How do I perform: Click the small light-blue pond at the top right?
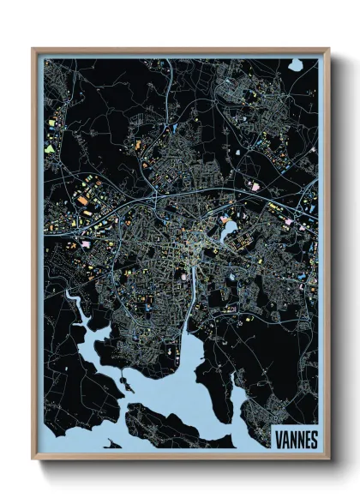295,64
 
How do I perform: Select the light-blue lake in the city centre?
229,229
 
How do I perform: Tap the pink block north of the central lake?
254,184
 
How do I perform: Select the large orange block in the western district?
82,201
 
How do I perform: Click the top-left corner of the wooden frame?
33,50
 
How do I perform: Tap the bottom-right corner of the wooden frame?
328,459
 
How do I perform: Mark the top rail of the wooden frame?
180,50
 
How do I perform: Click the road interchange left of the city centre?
158,199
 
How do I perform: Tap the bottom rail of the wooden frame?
180,458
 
